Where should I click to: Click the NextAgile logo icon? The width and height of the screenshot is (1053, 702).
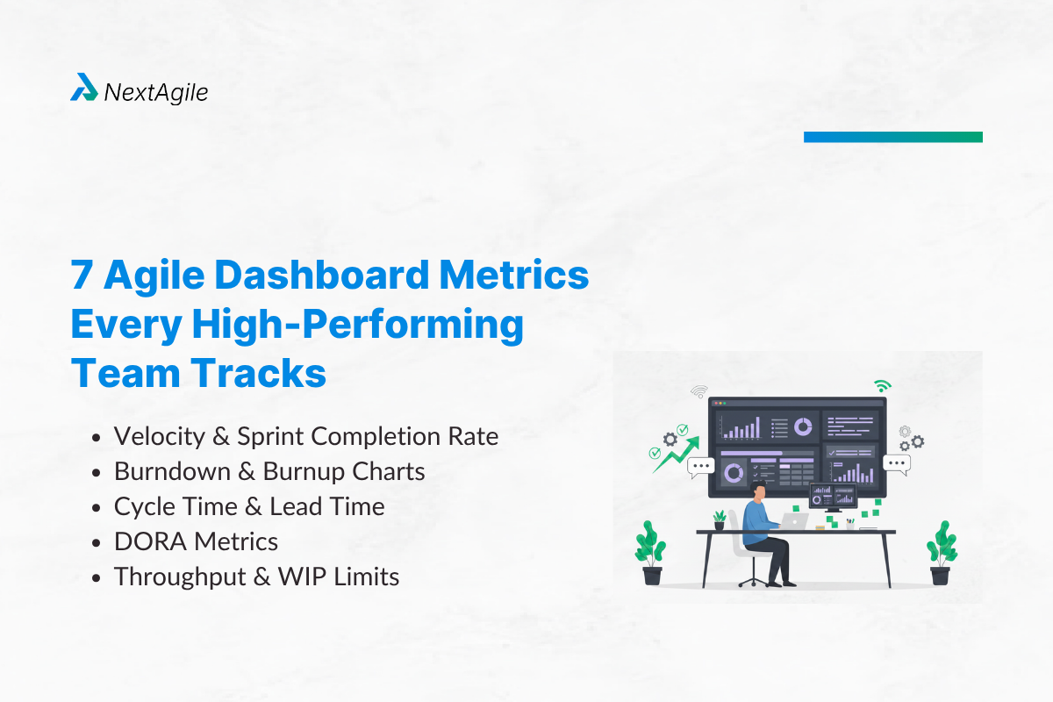click(x=84, y=88)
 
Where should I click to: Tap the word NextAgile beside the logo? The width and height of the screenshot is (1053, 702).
click(x=156, y=91)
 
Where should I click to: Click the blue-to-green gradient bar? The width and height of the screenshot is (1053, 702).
click(x=892, y=137)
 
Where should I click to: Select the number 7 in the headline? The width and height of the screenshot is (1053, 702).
click(x=82, y=276)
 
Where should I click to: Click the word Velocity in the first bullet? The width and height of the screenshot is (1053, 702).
click(x=166, y=436)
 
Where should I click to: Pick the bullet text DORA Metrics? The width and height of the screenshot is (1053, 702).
click(x=196, y=541)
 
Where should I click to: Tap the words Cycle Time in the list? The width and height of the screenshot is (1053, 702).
click(x=175, y=506)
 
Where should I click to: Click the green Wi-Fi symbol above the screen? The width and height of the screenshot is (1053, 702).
click(x=882, y=385)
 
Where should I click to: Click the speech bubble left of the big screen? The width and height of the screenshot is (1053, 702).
click(x=701, y=466)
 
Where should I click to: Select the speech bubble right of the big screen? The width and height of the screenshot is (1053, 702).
click(x=897, y=463)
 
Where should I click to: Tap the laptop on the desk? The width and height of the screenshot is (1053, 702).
click(x=796, y=520)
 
